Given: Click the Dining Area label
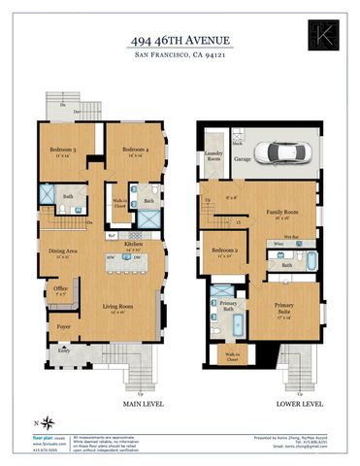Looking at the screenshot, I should click(x=64, y=252).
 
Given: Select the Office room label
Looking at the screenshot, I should click(x=60, y=288).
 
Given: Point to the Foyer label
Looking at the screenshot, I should click(x=64, y=327).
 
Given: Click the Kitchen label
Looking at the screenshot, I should click(x=134, y=244).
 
